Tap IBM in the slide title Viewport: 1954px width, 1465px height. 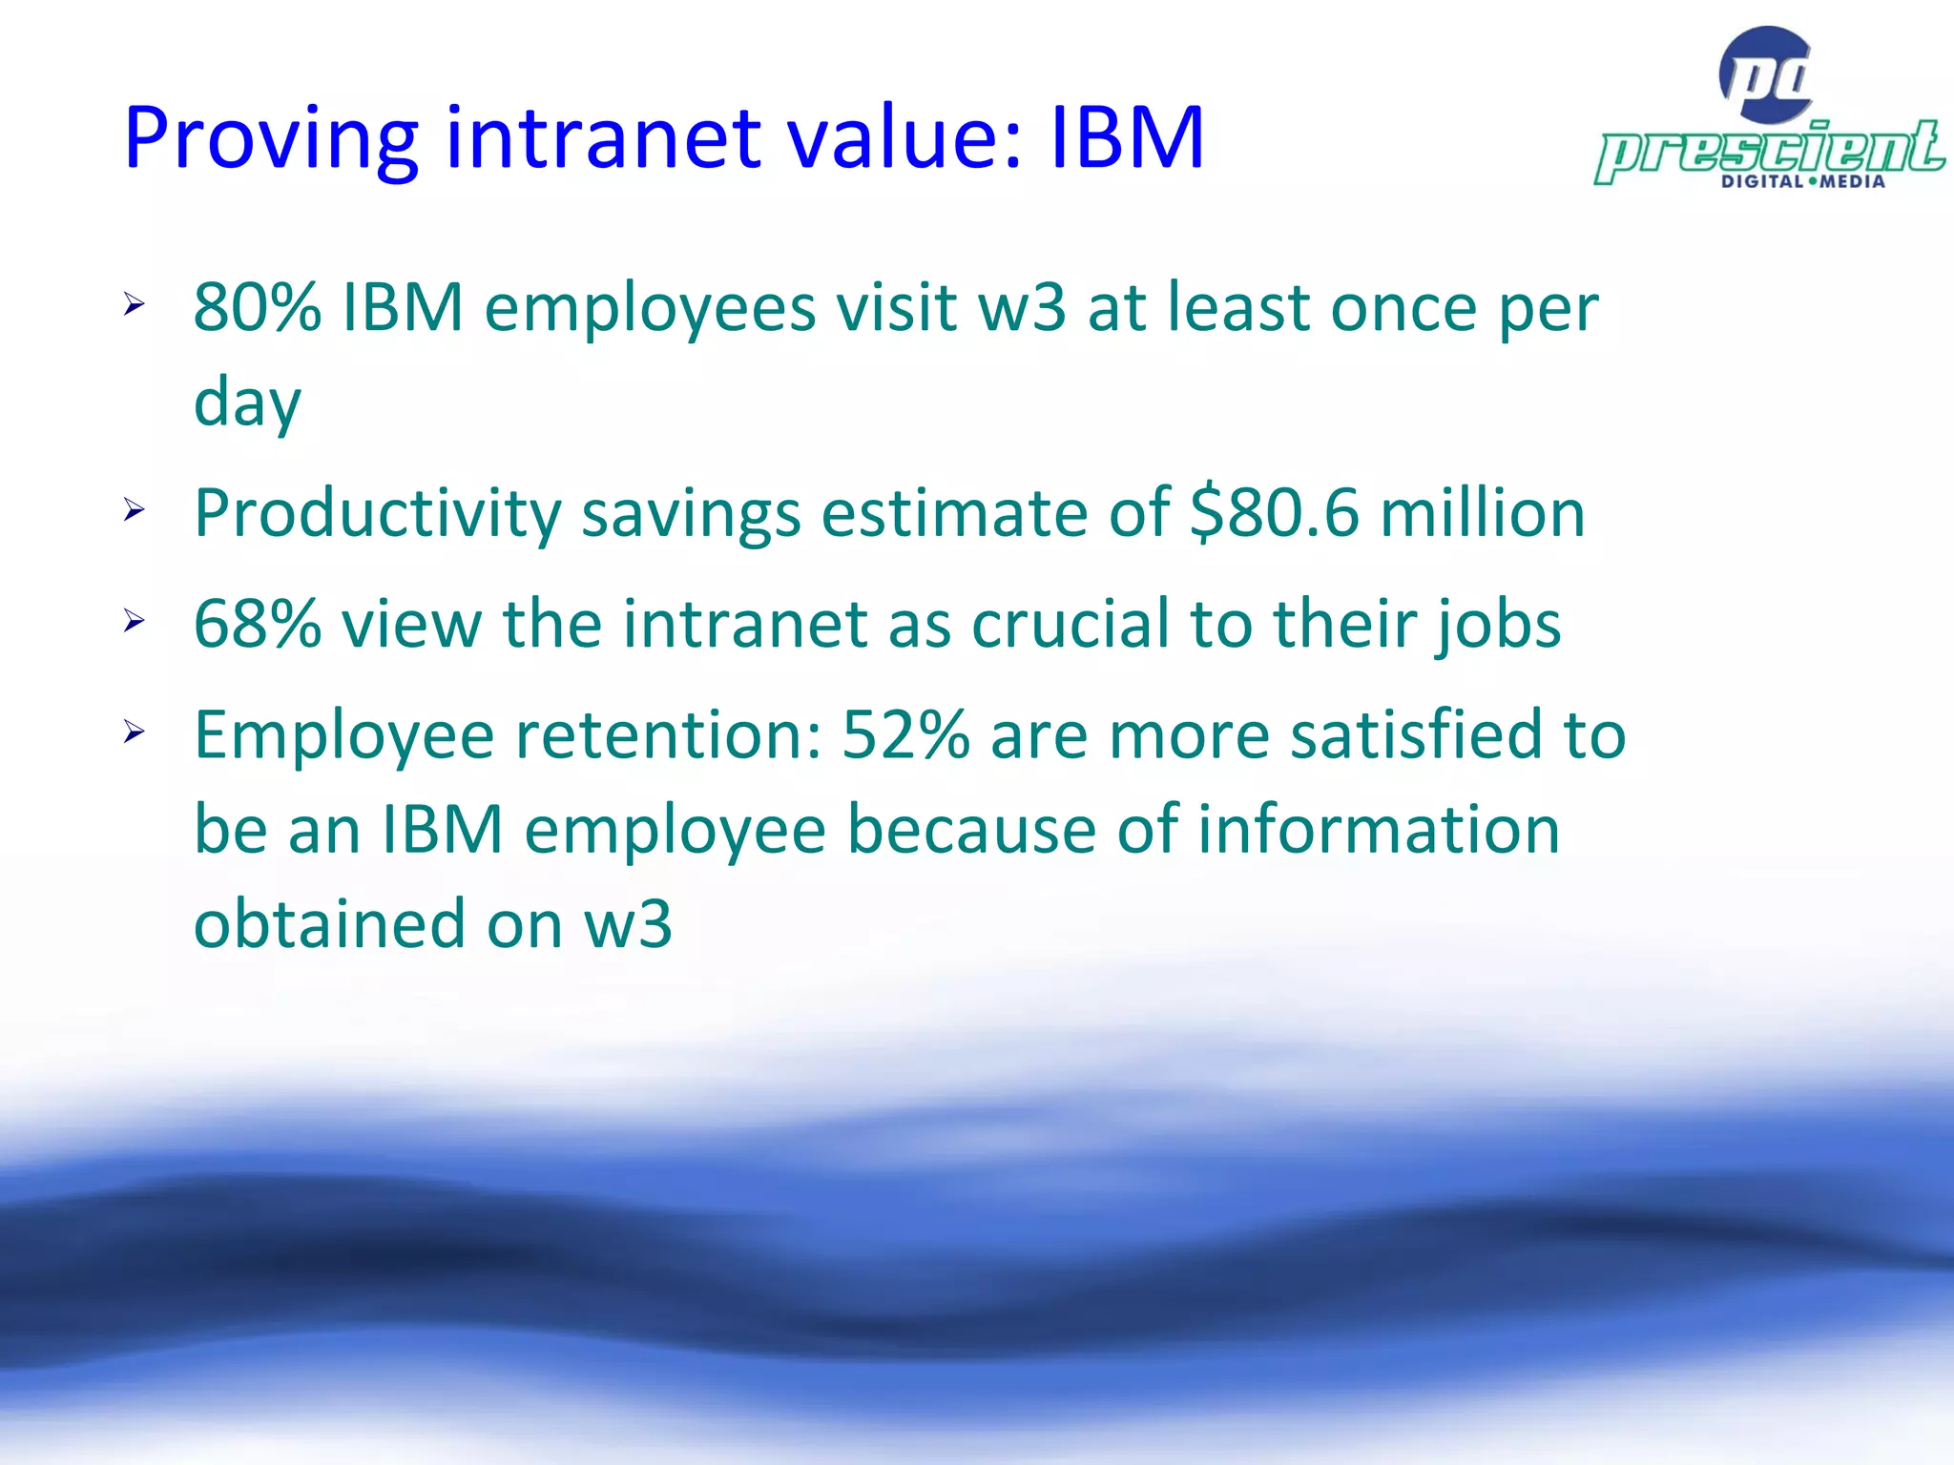(1127, 138)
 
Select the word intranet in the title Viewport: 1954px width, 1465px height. (604, 138)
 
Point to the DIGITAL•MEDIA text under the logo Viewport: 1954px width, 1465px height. (1802, 181)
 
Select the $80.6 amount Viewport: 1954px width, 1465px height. (1274, 513)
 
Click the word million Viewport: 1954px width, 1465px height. (1483, 513)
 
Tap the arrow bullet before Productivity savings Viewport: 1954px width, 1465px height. (134, 510)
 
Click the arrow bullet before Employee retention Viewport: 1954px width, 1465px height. (134, 732)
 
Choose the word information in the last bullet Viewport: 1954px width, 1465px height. (1379, 828)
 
